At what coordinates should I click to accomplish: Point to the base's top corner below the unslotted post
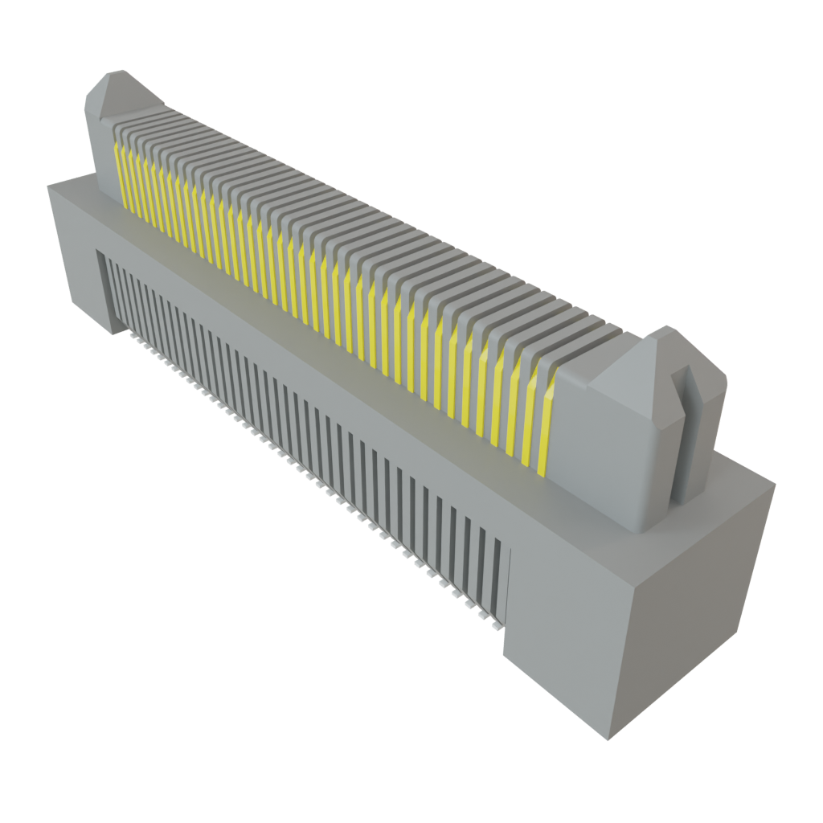pos(48,185)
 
